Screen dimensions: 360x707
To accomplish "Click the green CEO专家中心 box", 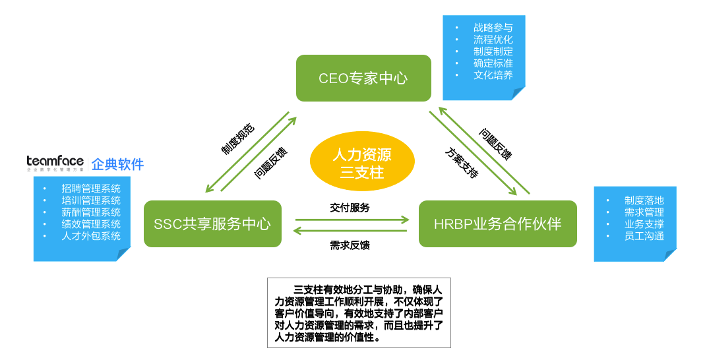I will (x=363, y=78).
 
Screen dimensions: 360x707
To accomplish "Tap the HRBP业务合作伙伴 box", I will (x=497, y=224).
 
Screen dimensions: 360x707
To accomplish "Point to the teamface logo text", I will (x=55, y=162).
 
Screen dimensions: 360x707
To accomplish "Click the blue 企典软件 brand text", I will (x=117, y=164).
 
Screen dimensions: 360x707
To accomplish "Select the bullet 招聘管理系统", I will (x=91, y=189).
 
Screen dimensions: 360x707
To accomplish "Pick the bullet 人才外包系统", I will (x=91, y=235).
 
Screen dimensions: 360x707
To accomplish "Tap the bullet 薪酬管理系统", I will (x=91, y=212).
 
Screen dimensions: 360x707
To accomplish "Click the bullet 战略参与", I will (x=493, y=28).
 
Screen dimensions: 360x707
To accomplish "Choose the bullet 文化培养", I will (x=493, y=75).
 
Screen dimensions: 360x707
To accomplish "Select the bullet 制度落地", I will (x=644, y=200).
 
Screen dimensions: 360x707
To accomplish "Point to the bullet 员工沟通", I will (x=644, y=236).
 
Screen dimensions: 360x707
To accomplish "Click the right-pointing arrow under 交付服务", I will (x=352, y=220).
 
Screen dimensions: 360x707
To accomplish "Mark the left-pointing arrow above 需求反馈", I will (x=352, y=231).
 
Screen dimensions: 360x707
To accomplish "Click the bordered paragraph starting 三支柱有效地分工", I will (x=359, y=313).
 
